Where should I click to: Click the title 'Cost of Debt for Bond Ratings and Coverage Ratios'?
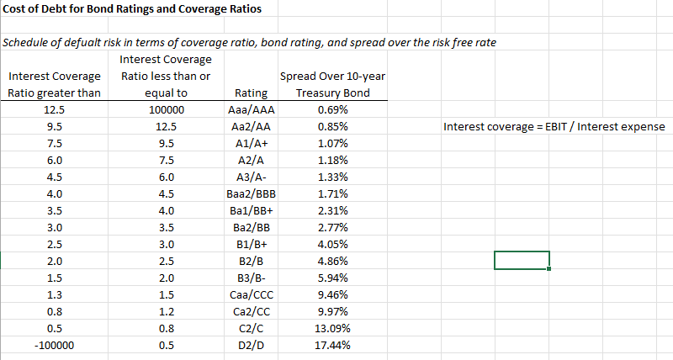point(132,9)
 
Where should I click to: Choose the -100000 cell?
point(54,345)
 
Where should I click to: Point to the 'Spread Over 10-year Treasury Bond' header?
point(331,85)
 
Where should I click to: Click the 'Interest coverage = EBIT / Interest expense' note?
point(554,127)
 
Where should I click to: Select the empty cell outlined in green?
point(522,261)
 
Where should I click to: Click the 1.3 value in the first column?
point(54,294)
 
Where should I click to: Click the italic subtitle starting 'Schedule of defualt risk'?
point(249,43)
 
